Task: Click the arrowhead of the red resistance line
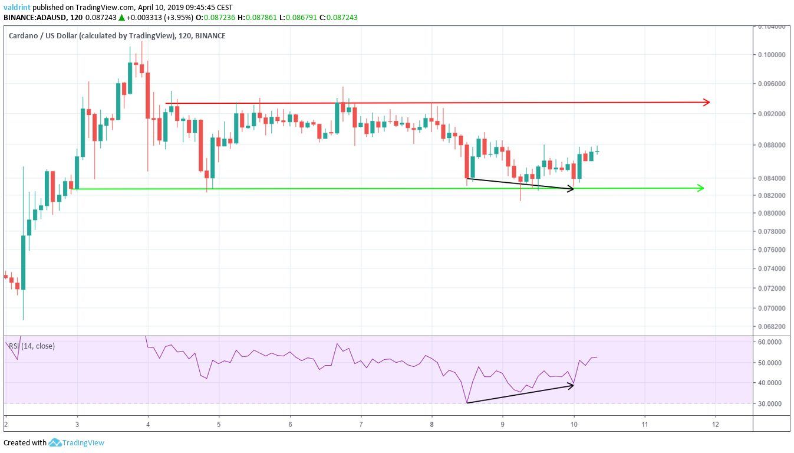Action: pos(707,102)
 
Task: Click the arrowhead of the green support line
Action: pos(701,188)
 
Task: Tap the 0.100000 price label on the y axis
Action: pos(772,55)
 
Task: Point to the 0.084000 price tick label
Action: pos(772,178)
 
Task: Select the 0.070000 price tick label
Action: pos(772,308)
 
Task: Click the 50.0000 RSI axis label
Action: pos(771,363)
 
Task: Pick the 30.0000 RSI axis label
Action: pos(771,404)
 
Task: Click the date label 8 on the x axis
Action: pos(431,424)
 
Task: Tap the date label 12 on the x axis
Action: pos(715,424)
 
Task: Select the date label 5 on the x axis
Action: pos(219,424)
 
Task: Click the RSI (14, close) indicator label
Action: pos(30,346)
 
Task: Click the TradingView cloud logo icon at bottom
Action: pos(55,442)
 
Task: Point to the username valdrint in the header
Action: pos(16,7)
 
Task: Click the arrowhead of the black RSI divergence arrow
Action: pos(571,385)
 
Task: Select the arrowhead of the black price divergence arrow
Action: pos(571,189)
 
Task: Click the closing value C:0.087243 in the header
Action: pos(338,18)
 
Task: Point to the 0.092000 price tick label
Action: pos(772,114)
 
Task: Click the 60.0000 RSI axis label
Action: pos(771,342)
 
